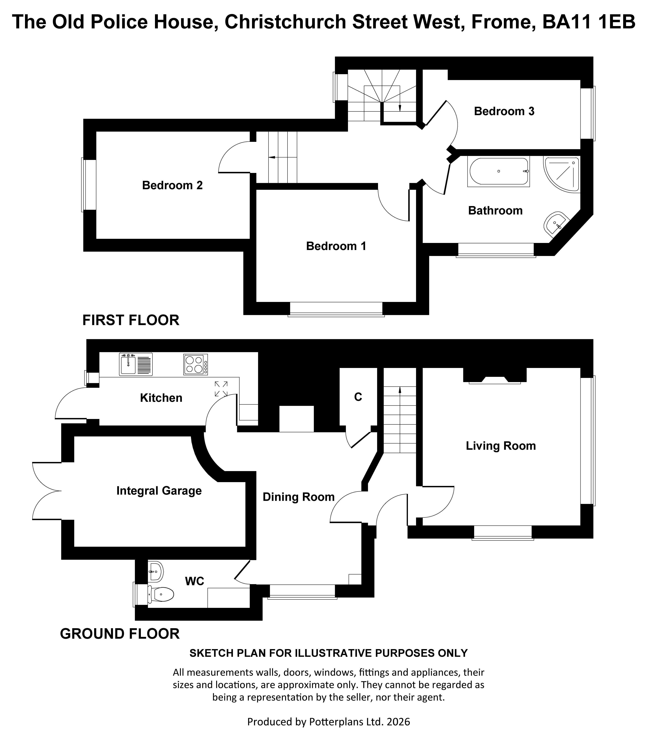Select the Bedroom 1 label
(x=336, y=246)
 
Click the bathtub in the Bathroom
(x=498, y=172)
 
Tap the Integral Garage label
(x=159, y=491)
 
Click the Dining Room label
(x=299, y=497)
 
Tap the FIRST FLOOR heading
(x=131, y=320)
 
